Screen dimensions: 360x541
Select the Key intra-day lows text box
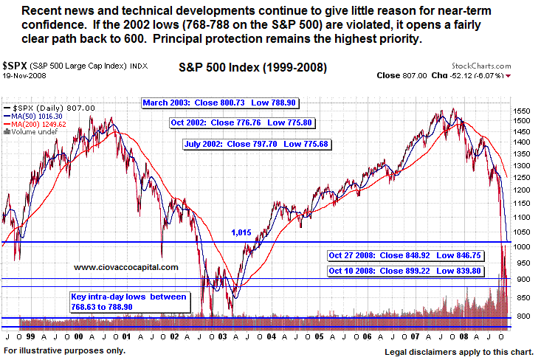point(131,300)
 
